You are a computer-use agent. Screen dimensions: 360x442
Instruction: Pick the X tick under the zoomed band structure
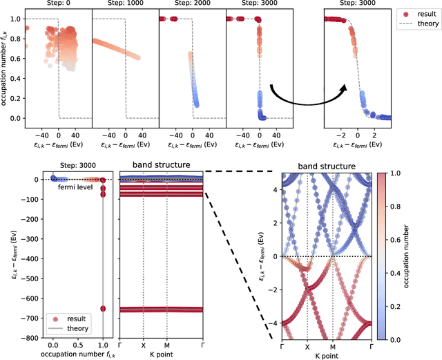click(x=307, y=348)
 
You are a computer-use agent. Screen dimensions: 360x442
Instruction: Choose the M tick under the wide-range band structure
click(x=166, y=344)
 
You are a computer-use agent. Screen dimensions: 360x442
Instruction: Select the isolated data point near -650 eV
click(x=103, y=309)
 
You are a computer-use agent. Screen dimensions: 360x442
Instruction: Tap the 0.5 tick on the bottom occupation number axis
click(x=78, y=344)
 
